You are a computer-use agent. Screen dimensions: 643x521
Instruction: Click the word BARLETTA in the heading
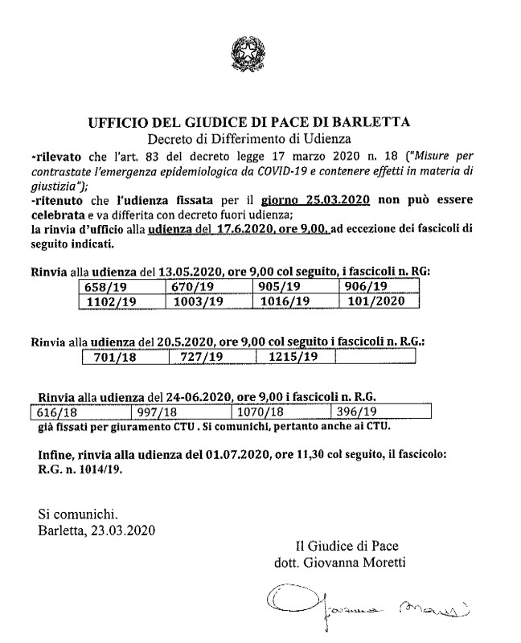372,122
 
